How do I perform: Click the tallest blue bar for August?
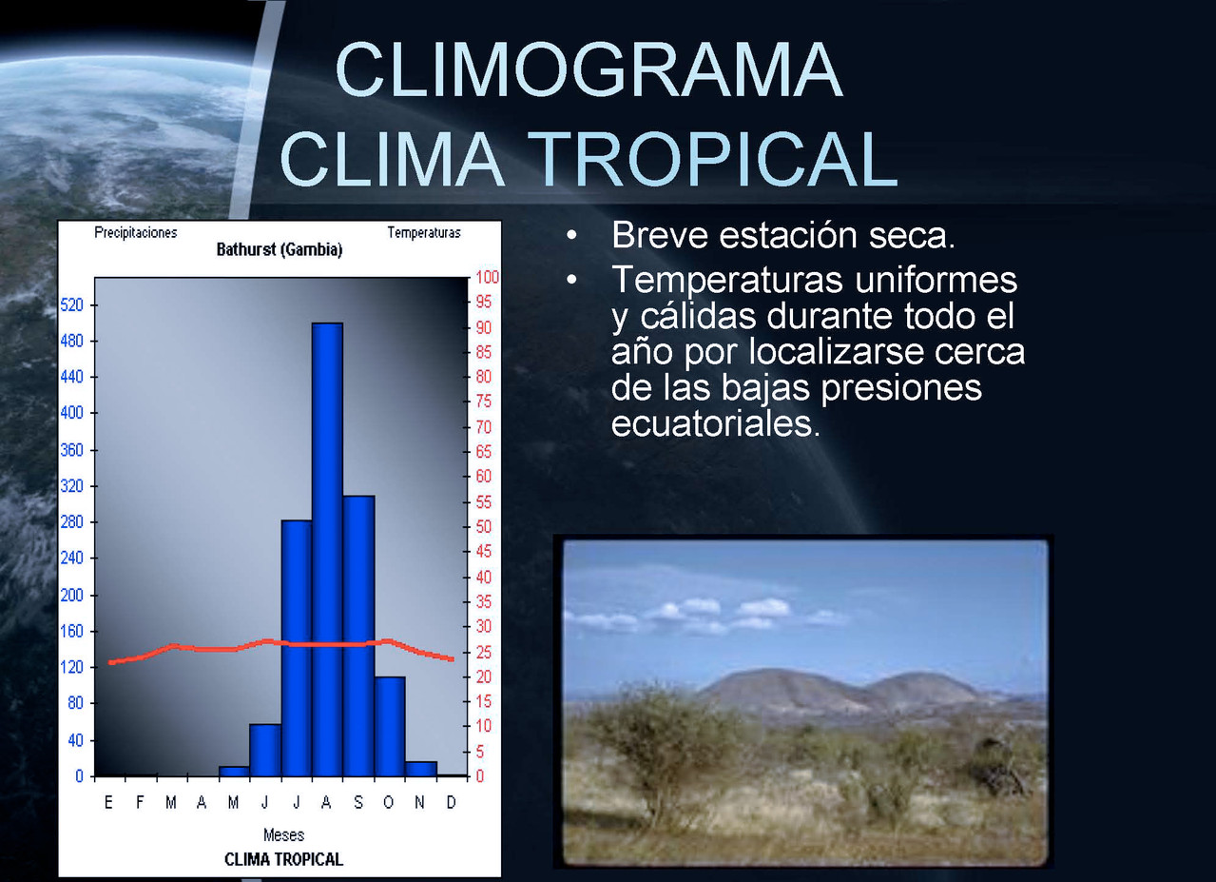tap(327, 550)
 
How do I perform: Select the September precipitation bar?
tap(358, 636)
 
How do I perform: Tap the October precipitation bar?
tap(390, 727)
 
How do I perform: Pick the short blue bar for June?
tap(265, 750)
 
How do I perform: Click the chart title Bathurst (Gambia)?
tap(280, 249)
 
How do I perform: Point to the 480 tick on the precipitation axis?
tap(71, 341)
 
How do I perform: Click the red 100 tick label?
tap(487, 277)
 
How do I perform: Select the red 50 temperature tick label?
tap(484, 526)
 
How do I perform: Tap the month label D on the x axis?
tap(451, 802)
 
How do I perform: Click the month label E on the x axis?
tap(108, 802)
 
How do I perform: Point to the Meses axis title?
tap(283, 834)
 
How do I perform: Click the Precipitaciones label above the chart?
tap(136, 232)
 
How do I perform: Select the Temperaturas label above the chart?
tap(424, 232)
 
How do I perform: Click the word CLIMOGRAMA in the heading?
tap(589, 69)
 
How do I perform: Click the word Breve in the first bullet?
tap(661, 235)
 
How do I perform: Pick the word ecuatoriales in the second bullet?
tap(716, 423)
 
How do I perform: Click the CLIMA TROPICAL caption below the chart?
tap(283, 859)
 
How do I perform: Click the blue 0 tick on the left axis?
tap(79, 776)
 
